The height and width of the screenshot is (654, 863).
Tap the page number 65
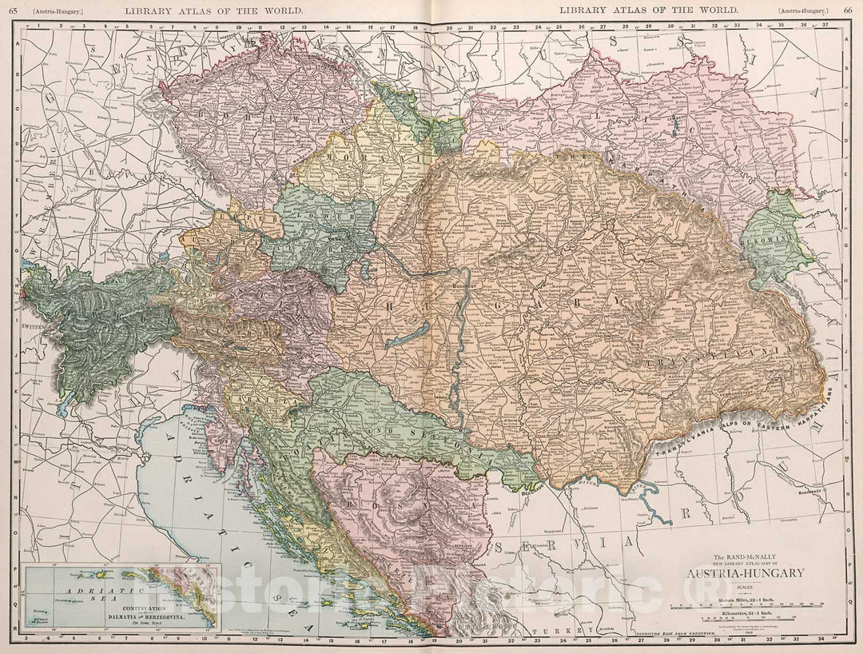click(x=13, y=10)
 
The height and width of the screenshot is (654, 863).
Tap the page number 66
click(x=847, y=10)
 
